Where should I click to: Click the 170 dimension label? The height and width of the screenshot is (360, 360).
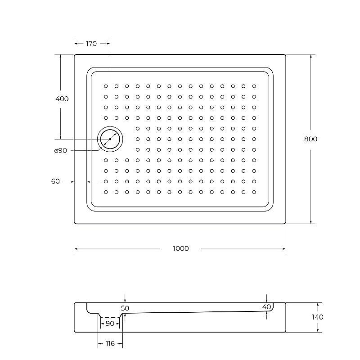click(x=91, y=44)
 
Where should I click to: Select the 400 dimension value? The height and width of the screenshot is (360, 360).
click(x=62, y=99)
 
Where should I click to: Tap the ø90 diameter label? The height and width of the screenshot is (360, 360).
click(x=60, y=151)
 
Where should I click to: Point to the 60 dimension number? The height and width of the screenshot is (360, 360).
click(x=55, y=181)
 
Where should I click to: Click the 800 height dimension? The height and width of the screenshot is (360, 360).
click(x=310, y=139)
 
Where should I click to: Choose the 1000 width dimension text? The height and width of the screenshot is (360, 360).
click(x=180, y=248)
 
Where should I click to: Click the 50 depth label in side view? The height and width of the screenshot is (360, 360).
click(x=125, y=308)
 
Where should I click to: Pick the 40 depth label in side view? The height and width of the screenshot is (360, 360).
click(x=266, y=307)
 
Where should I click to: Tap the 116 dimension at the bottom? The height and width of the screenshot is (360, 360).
click(x=110, y=343)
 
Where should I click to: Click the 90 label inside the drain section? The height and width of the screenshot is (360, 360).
click(x=109, y=323)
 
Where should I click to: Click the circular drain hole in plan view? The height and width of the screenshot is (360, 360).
click(x=110, y=139)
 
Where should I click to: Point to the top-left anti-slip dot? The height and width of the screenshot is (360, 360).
click(x=106, y=86)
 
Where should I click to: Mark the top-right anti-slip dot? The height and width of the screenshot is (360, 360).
click(x=254, y=86)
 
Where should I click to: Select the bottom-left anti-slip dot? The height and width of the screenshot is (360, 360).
click(x=106, y=192)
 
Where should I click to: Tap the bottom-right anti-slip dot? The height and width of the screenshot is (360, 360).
click(x=254, y=192)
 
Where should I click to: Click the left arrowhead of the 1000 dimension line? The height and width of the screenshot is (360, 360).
click(x=76, y=248)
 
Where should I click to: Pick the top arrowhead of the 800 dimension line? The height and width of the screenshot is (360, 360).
click(x=310, y=56)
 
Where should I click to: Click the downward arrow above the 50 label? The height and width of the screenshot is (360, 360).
click(x=125, y=300)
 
